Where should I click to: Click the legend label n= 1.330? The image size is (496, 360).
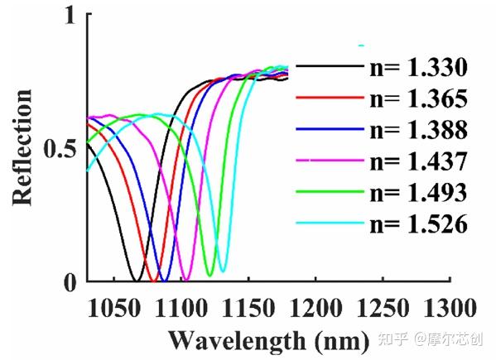417,68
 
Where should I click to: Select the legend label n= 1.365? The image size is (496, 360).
417,99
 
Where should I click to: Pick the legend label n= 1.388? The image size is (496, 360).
417,130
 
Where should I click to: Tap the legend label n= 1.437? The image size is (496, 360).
417,161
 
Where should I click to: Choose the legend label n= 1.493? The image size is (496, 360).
417,192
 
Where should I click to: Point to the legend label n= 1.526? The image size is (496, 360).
417,223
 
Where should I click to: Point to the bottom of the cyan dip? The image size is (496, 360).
221,271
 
